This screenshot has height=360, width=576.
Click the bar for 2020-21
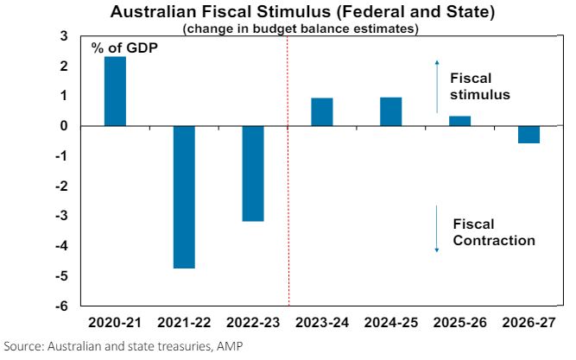pos(115,92)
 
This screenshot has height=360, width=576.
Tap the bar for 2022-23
pos(252,174)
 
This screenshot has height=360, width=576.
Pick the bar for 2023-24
pos(321,112)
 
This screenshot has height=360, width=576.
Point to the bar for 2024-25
pos(390,112)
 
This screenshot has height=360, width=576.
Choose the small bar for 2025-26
pos(459,121)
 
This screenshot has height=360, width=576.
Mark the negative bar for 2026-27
pos(529,134)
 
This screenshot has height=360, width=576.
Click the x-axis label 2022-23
pos(252,322)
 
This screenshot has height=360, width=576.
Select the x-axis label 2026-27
pos(529,322)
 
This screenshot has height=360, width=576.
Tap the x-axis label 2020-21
pos(114,322)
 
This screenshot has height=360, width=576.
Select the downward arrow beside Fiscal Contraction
pos(437,229)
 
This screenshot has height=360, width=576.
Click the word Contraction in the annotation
pos(494,241)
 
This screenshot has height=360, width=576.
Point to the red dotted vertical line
pos(288,216)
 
